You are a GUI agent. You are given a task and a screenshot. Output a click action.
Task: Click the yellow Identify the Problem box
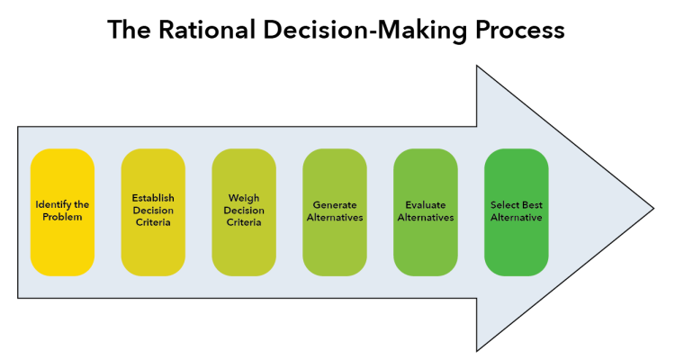tap(62, 211)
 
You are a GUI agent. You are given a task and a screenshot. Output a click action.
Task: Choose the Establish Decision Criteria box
tap(153, 211)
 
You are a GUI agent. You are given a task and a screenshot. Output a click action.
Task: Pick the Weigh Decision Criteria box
tap(244, 211)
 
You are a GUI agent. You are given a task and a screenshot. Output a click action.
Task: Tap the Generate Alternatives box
tap(335, 211)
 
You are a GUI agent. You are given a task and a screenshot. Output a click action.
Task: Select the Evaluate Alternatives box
tap(426, 211)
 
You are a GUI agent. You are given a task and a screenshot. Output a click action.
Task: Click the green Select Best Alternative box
tap(517, 211)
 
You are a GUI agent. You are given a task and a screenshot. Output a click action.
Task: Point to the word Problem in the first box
tap(62, 218)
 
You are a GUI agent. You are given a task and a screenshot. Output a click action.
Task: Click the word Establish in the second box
tap(153, 197)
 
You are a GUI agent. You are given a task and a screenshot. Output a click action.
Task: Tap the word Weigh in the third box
tap(244, 197)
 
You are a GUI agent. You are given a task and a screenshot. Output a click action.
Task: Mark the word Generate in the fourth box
tap(335, 204)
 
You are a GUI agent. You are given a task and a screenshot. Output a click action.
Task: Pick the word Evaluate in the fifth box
tap(426, 204)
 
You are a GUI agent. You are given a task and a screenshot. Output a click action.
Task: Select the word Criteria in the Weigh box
tap(244, 222)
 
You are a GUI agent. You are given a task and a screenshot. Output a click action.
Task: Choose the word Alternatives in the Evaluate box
tap(426, 218)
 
